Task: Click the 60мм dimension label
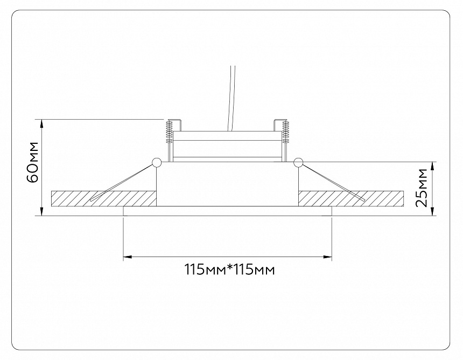(x=32, y=163)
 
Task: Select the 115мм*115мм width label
(x=229, y=269)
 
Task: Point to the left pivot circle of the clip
(x=157, y=162)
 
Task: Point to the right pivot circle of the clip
(x=298, y=162)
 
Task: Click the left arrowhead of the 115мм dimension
(x=128, y=257)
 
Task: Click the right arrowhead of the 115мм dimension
(x=328, y=257)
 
